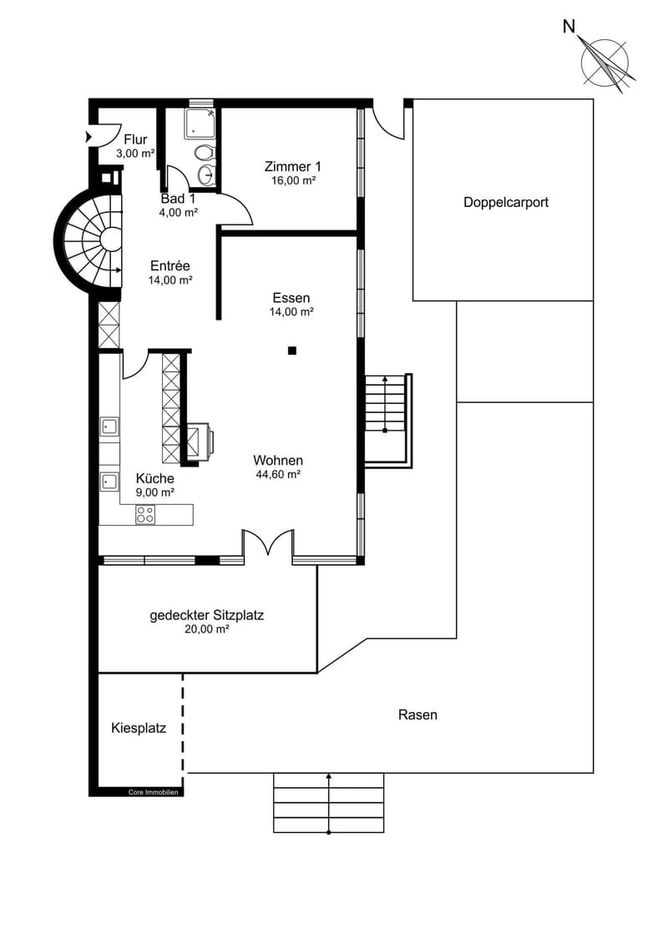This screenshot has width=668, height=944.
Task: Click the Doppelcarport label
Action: (506, 202)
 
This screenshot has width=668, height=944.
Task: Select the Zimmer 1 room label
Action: (293, 167)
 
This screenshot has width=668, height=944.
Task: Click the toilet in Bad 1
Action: (204, 153)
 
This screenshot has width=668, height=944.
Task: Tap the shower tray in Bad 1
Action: (200, 124)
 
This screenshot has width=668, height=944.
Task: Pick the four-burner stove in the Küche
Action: (145, 514)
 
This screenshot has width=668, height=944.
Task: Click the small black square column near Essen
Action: (292, 351)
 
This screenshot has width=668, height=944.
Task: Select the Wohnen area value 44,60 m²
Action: (278, 474)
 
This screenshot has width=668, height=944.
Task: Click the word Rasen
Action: (417, 714)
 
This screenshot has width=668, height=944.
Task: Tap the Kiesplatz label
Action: (139, 729)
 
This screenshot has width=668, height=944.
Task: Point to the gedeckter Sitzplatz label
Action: (206, 615)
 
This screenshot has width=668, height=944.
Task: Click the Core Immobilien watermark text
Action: (153, 792)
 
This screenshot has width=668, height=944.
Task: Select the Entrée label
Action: (170, 265)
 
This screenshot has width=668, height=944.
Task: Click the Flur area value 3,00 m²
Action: (135, 154)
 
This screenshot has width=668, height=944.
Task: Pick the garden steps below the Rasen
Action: (329, 802)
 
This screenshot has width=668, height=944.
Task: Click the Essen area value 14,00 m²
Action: (291, 312)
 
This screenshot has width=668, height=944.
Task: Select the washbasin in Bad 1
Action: (205, 174)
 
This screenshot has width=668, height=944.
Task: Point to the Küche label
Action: (154, 478)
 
